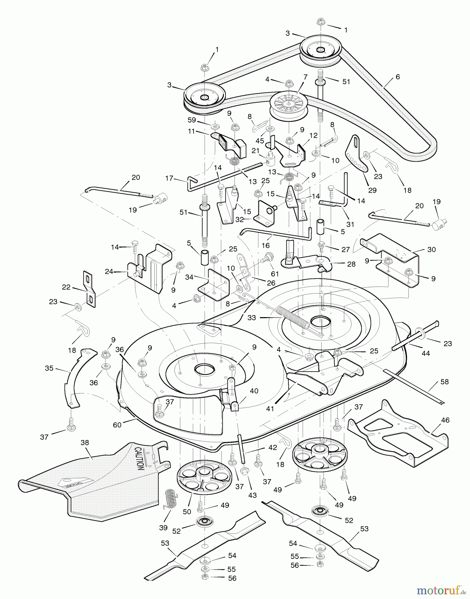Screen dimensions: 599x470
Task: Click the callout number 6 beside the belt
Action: (398, 77)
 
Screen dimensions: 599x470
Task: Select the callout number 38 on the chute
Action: (85, 443)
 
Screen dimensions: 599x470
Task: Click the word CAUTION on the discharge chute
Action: (139, 458)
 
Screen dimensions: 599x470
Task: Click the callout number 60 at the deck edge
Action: (117, 425)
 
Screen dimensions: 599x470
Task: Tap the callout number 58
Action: (445, 382)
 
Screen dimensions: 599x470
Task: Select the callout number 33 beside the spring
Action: (252, 318)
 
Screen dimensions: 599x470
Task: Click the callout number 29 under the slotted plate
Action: (372, 190)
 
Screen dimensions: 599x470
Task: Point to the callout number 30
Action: (431, 250)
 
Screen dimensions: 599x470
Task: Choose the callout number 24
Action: (109, 272)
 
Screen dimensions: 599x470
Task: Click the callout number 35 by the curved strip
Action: (49, 368)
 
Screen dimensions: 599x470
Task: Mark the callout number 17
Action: (169, 178)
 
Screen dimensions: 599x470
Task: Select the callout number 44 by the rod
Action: (426, 353)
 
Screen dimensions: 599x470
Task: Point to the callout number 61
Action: (275, 274)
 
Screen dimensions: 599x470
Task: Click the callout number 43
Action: (252, 495)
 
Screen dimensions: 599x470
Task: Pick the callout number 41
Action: (270, 408)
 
